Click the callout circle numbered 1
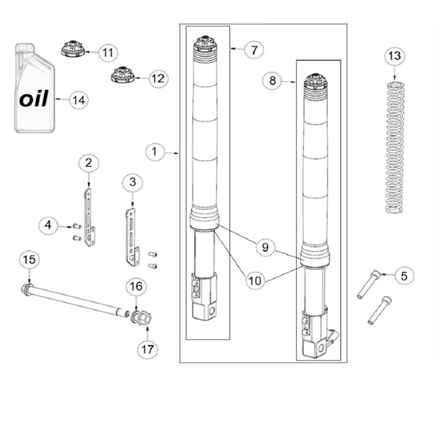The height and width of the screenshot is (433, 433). tap(155, 152)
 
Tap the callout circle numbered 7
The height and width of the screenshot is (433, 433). tap(254, 50)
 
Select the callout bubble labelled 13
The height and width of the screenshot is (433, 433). tap(394, 56)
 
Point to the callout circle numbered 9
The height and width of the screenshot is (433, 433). tap(265, 247)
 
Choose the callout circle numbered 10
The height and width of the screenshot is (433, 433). tap(255, 281)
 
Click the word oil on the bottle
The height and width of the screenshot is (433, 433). tap(34, 99)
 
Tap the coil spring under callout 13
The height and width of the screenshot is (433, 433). tap(395, 147)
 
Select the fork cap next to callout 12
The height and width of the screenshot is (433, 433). tap(122, 74)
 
